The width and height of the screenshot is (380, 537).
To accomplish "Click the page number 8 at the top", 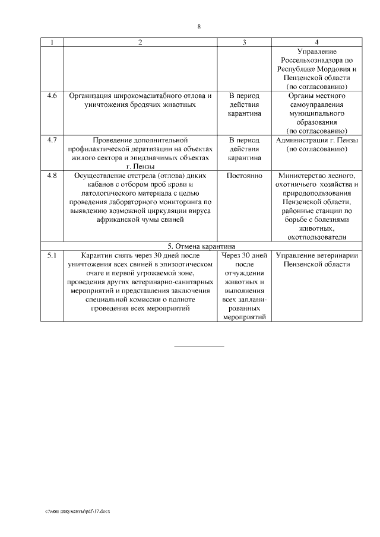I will (x=199, y=27).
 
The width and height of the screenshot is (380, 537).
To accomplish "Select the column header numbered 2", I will (x=140, y=43).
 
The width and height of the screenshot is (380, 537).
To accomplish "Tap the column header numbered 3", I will (x=244, y=43).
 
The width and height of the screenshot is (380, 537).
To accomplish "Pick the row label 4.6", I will (x=52, y=95).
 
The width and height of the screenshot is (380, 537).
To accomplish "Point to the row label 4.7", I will (x=52, y=140).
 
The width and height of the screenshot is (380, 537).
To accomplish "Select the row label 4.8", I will (x=52, y=176).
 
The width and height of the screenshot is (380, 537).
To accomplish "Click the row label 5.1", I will (x=52, y=255).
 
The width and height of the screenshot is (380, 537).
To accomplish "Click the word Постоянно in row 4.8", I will (x=244, y=176).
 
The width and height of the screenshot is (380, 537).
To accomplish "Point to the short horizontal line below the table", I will (x=199, y=347).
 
